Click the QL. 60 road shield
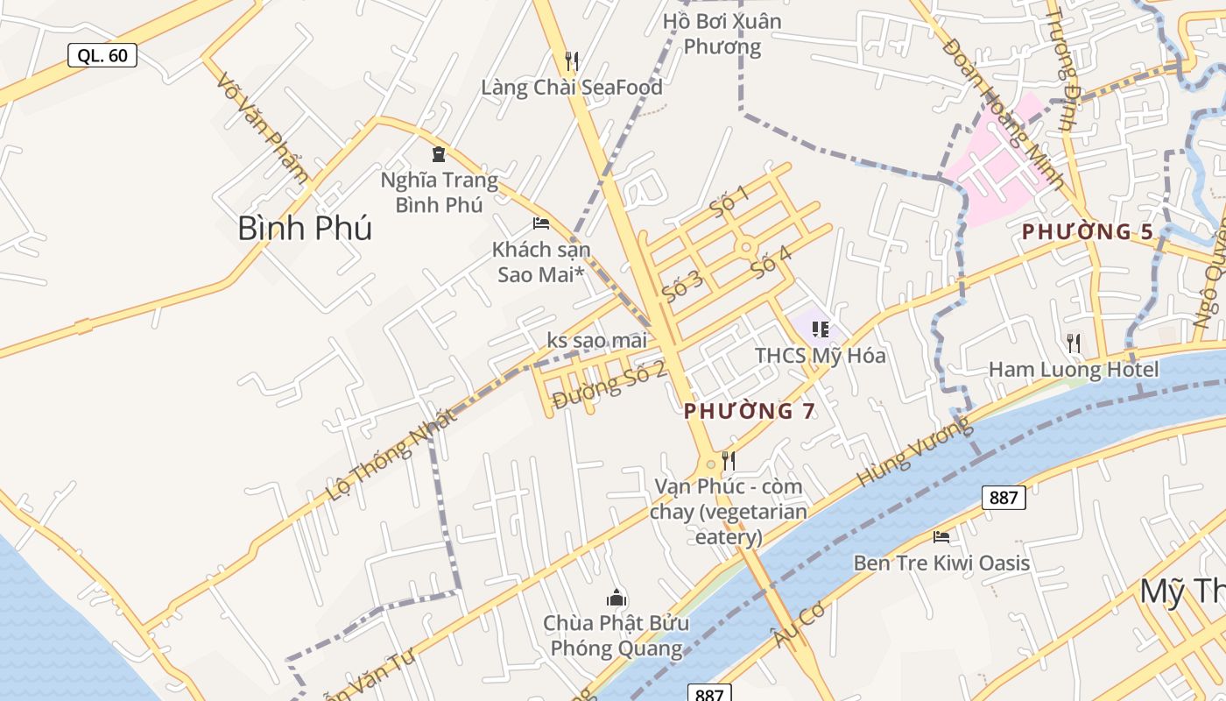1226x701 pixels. pos(102,56)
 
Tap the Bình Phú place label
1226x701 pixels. pos(304,229)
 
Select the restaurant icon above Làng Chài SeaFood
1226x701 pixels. pos(572,60)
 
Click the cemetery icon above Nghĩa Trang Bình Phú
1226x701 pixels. pos(439,155)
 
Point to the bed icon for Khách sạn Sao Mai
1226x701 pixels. pos(541,223)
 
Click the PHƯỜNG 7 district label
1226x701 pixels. pos(749,411)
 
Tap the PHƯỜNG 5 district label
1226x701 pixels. pos(1087,232)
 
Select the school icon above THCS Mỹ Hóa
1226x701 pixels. pos(821,329)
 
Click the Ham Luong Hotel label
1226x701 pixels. pos(1073,370)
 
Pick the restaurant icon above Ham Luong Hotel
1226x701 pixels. pos(1073,343)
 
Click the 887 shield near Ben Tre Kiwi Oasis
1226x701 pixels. pos(1003,498)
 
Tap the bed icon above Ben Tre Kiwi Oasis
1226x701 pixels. pos(941,536)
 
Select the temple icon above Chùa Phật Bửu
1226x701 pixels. pos(617,598)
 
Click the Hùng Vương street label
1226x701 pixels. pos(914,452)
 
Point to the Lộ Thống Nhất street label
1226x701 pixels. pos(391,455)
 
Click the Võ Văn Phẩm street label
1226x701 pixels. pos(263,128)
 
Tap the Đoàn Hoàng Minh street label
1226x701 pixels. pos(1004,114)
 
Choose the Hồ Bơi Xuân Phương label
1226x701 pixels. pos(722,33)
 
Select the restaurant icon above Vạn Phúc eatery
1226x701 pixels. pos(728,460)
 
